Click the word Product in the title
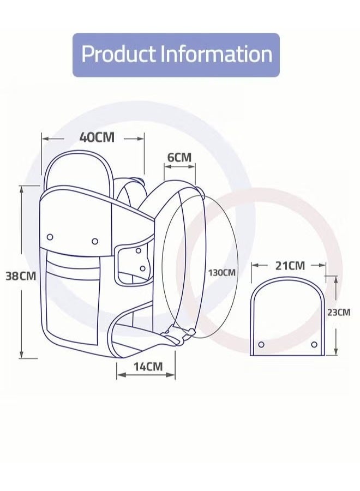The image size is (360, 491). (119, 54)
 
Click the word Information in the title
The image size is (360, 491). (217, 54)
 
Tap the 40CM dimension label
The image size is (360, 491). (97, 137)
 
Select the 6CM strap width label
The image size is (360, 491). (179, 157)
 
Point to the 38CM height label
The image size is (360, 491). (21, 276)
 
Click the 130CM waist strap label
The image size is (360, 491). (221, 272)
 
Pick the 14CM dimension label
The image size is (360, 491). (148, 367)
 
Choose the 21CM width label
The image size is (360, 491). (290, 266)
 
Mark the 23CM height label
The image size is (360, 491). (339, 312)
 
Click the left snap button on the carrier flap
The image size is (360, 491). (50, 237)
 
